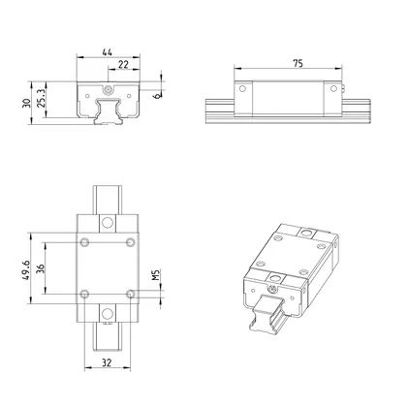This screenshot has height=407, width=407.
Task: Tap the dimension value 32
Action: coord(107,365)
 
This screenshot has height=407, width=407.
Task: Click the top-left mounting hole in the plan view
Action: coord(85,241)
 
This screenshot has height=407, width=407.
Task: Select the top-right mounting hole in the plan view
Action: coord(129,241)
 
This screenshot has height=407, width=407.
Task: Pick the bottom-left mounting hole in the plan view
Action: coord(85,292)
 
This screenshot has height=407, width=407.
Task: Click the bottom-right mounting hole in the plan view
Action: coord(129,292)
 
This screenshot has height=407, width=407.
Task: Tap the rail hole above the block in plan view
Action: coord(107,221)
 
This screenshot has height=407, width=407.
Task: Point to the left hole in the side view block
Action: coord(243,91)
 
